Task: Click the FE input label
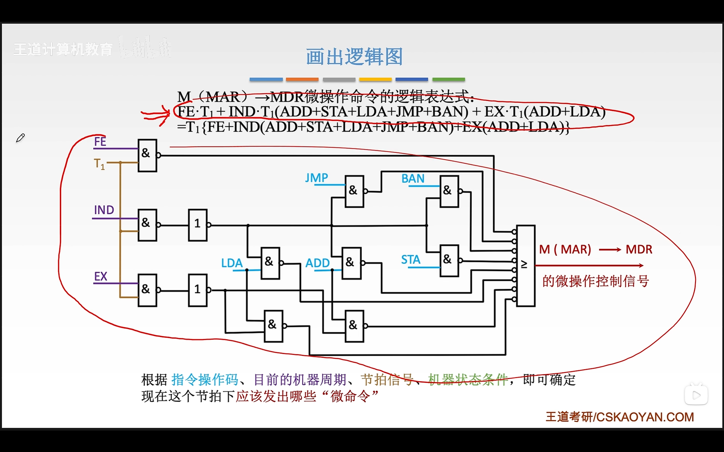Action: click(x=100, y=142)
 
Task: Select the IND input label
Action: click(x=104, y=210)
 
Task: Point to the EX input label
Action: click(x=100, y=277)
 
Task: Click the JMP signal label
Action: click(x=316, y=178)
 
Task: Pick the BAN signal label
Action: click(x=413, y=179)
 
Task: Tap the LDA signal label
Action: click(x=232, y=263)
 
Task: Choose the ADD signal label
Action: click(x=317, y=263)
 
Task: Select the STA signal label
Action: click(x=410, y=260)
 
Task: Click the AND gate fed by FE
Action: click(x=147, y=155)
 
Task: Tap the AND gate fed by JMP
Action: click(x=354, y=191)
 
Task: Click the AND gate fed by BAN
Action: click(x=449, y=191)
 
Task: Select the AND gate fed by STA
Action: click(x=449, y=261)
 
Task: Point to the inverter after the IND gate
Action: click(x=197, y=225)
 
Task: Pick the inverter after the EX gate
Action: click(x=197, y=290)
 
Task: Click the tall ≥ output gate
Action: click(x=526, y=266)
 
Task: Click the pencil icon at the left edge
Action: click(x=20, y=138)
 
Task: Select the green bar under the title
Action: click(x=449, y=79)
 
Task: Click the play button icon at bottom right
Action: click(x=696, y=395)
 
